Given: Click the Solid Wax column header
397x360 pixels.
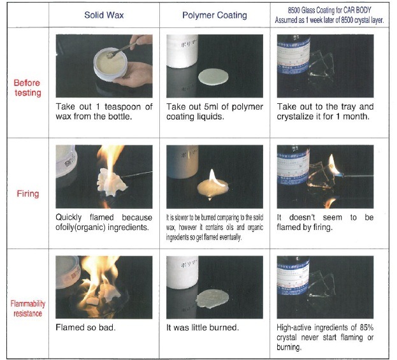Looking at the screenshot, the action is pyautogui.click(x=104, y=15).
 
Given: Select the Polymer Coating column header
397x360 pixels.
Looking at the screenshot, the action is pyautogui.click(x=215, y=15).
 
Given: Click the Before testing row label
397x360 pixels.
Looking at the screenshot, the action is pyautogui.click(x=27, y=88).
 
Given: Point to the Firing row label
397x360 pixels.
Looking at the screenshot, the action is pyautogui.click(x=28, y=194).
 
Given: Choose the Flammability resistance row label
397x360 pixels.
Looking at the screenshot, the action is pyautogui.click(x=28, y=308).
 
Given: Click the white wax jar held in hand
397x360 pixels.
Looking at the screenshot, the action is pyautogui.click(x=110, y=64).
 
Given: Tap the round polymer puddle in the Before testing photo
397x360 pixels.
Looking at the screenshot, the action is pyautogui.click(x=213, y=76).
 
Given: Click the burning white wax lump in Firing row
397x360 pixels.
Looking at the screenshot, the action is pyautogui.click(x=111, y=182).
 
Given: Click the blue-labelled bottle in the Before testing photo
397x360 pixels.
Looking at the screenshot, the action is pyautogui.click(x=294, y=57).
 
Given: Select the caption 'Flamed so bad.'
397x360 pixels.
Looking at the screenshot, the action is pyautogui.click(x=85, y=328).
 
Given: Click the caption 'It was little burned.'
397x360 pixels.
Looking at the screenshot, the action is pyautogui.click(x=203, y=328).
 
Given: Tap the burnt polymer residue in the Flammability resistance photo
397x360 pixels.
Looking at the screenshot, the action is pyautogui.click(x=212, y=299).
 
